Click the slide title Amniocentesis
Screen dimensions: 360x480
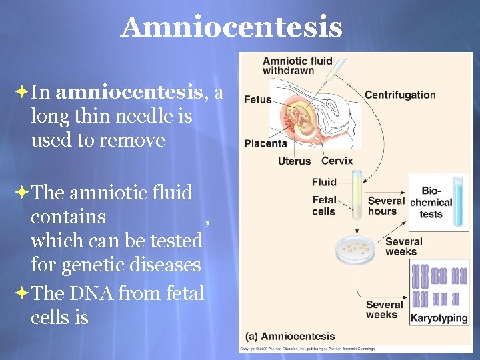pos(231,28)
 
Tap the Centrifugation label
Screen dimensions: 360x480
pos(400,95)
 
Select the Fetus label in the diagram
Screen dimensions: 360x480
pos(258,99)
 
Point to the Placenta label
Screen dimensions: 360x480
pos(265,143)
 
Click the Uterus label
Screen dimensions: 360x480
pos(294,161)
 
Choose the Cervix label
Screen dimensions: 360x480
pos(337,161)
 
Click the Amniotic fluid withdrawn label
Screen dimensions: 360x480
pos(297,65)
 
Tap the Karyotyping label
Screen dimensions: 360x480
pos(439,318)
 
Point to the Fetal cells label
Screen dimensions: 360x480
pos(324,206)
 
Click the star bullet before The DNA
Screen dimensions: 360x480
pos(20,293)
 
